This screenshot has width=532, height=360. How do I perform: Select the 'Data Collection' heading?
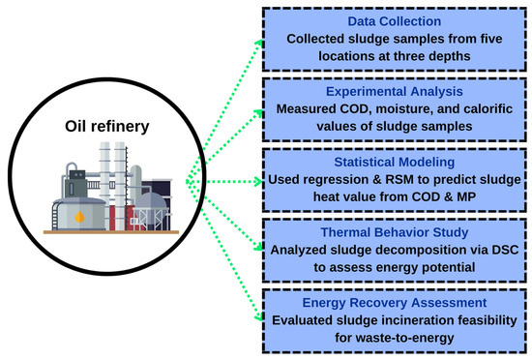pyautogui.click(x=396, y=20)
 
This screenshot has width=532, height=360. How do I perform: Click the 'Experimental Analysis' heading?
pyautogui.click(x=396, y=91)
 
